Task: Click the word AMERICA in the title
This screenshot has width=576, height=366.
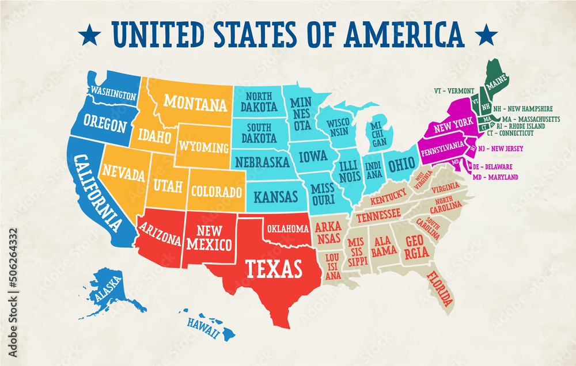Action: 405,35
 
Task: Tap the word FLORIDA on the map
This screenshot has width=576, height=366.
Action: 440,289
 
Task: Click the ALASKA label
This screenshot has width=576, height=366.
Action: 108,289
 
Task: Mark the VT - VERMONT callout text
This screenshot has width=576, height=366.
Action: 454,90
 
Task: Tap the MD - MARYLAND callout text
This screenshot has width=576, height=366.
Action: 495,177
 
